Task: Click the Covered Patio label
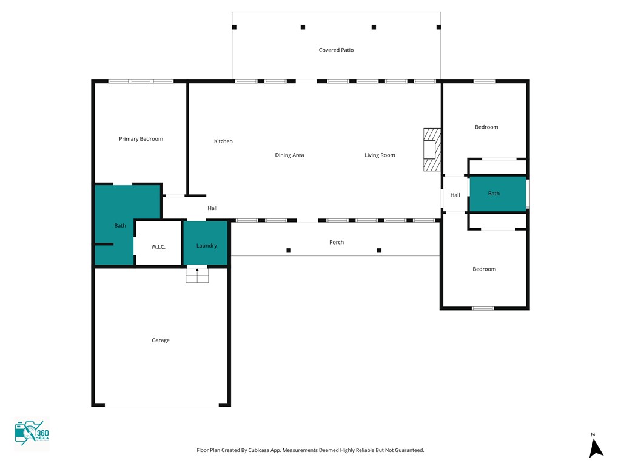click(336, 50)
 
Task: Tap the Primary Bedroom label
click(141, 139)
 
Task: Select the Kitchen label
click(223, 141)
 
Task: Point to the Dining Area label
click(289, 155)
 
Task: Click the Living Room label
click(380, 155)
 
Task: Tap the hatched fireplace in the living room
click(432, 149)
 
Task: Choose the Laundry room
click(206, 243)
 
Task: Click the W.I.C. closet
click(158, 243)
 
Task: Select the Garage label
click(160, 340)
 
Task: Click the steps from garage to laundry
click(197, 275)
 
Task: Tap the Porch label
click(337, 242)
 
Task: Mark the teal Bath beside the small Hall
click(497, 194)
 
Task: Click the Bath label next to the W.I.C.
click(120, 226)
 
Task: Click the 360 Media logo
click(32, 433)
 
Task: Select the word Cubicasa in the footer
click(258, 450)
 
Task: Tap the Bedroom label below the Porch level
click(484, 269)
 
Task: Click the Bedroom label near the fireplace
click(486, 127)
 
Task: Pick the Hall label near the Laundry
click(212, 208)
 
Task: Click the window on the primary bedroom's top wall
click(141, 81)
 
